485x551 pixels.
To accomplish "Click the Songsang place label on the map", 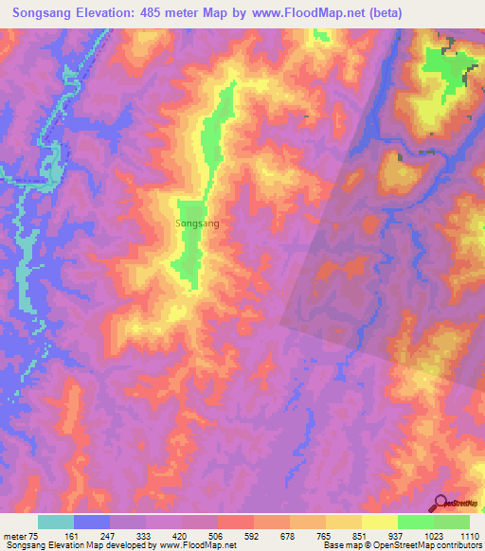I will pos(197,223).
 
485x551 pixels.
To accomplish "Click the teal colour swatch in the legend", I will pos(56,522).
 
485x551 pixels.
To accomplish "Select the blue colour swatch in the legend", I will pos(92,522).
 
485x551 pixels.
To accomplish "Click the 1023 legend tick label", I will pos(434,536).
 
